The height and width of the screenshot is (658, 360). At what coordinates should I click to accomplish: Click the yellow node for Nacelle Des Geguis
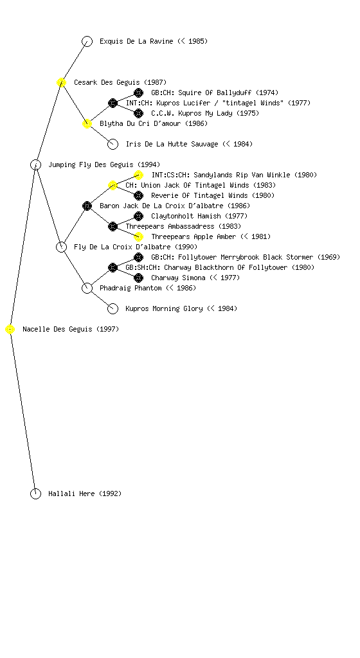10,330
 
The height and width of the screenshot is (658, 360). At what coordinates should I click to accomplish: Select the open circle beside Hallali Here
35,494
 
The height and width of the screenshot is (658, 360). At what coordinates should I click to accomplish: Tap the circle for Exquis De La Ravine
87,42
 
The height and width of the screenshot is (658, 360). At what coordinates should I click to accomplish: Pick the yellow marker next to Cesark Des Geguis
61,83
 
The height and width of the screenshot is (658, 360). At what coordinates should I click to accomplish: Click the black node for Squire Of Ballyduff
138,93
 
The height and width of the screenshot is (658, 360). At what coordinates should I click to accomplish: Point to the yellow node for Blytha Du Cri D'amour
87,124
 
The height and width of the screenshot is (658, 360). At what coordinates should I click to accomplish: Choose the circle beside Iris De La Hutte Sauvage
113,145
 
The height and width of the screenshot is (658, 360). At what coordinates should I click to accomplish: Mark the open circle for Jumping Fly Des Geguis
35,165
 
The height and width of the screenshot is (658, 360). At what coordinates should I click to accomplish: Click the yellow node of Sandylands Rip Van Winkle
138,175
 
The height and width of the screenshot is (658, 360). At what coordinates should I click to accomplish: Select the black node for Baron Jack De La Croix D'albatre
87,206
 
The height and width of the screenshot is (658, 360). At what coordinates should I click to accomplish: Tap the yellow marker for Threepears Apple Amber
138,236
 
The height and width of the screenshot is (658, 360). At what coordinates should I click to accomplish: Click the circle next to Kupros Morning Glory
113,309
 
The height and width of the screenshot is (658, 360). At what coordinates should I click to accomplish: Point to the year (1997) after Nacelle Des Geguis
108,330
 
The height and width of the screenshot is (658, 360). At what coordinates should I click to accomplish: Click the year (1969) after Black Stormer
328,257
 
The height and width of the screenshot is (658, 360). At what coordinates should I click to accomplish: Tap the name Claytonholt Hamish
186,216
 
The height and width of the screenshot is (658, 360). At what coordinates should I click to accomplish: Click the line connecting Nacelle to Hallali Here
22,412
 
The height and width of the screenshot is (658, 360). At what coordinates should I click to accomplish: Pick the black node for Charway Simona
138,278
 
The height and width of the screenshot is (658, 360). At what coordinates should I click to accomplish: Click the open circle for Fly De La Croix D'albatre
61,247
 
